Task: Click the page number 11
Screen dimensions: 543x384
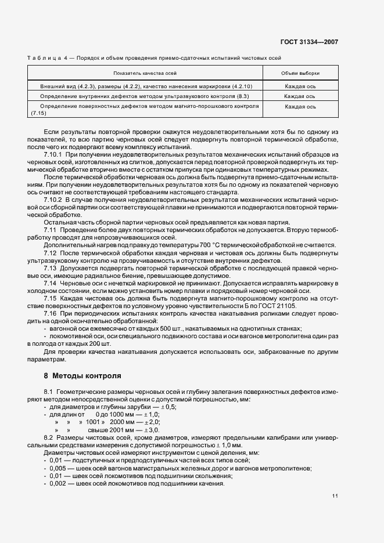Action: pos(335,495)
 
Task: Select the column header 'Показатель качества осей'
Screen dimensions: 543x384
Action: pos(145,74)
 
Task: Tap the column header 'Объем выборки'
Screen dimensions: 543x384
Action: pos(300,74)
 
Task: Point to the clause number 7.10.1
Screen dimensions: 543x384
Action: pos(53,155)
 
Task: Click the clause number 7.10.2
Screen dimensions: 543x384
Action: pos(53,199)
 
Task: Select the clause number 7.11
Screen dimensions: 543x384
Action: pos(51,231)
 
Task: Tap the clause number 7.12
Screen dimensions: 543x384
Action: pos(51,253)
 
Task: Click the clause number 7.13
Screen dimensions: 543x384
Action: pos(51,269)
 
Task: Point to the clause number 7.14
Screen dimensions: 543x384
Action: pos(51,284)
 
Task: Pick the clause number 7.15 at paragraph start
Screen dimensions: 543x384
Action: pos(51,298)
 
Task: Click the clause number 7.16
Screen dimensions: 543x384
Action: pos(51,313)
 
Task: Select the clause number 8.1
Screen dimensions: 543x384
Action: pos(49,392)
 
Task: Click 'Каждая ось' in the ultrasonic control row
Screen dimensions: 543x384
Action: pos(300,96)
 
